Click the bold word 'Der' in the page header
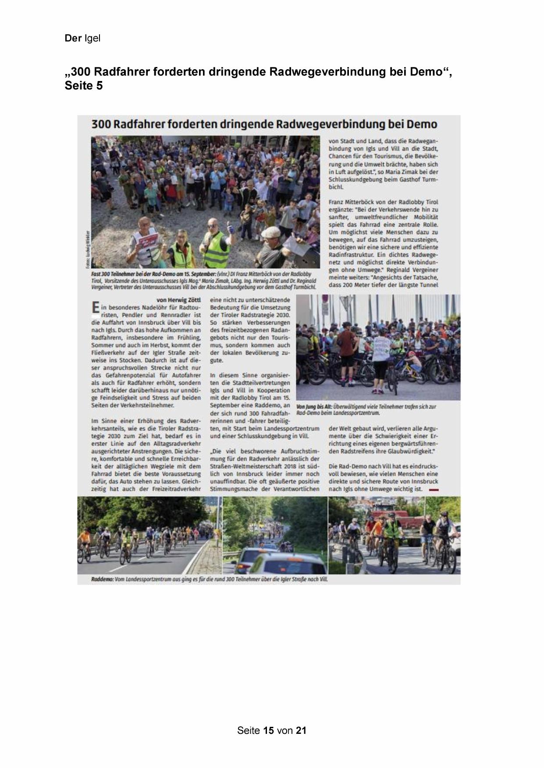tap(73, 39)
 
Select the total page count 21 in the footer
tap(301, 730)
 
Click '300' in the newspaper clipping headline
tap(101, 124)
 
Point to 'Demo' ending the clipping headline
tap(421, 124)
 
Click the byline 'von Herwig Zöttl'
tap(178, 300)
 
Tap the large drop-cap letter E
tap(95, 308)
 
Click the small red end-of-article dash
tap(434, 489)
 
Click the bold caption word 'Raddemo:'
tap(103, 579)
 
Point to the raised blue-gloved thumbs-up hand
tap(230, 226)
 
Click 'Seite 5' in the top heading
tap(84, 86)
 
